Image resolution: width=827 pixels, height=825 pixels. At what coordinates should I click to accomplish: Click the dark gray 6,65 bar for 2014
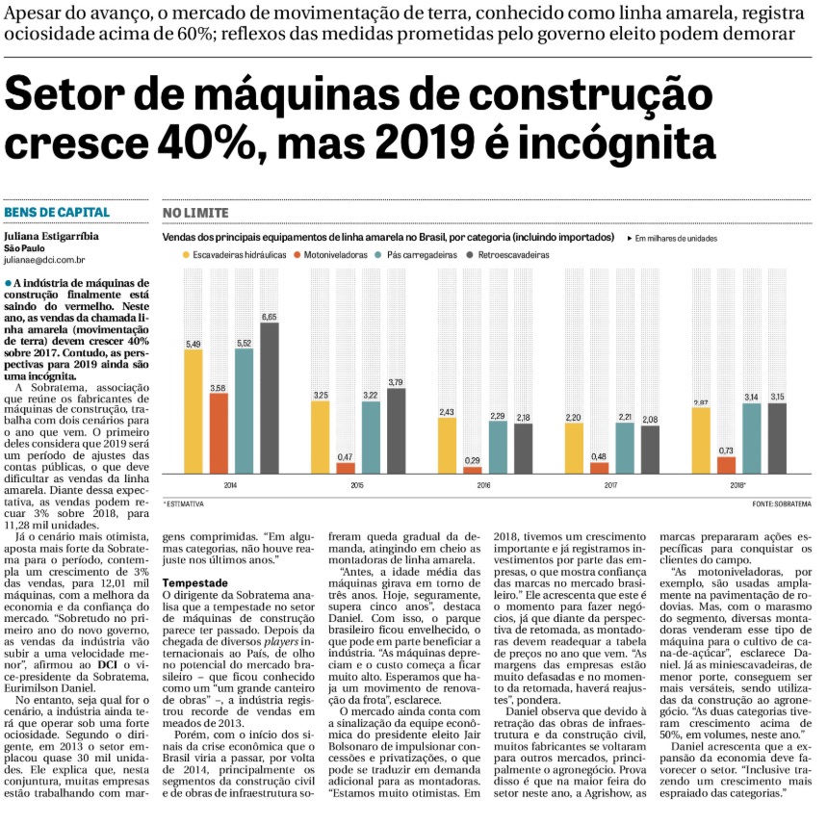[270, 399]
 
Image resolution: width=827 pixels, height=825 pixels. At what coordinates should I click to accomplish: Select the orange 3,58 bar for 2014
[219, 433]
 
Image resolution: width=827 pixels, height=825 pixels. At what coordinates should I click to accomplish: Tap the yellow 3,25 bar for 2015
[321, 437]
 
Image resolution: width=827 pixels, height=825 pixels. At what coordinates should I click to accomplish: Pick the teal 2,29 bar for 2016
[498, 448]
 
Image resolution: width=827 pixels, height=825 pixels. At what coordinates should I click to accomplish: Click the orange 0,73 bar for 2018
[726, 465]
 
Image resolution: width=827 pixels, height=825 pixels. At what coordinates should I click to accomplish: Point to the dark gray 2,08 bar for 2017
[650, 450]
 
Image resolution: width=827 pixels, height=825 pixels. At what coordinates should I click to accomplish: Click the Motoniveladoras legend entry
[330, 255]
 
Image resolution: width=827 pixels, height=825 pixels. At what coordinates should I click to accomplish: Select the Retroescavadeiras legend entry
[508, 255]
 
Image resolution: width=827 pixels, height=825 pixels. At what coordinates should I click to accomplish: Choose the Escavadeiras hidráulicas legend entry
[235, 255]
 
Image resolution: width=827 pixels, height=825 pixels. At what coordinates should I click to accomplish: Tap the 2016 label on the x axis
[483, 485]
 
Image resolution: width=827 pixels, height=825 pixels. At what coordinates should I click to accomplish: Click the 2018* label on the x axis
[737, 485]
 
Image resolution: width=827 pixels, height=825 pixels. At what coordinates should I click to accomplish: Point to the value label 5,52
[245, 344]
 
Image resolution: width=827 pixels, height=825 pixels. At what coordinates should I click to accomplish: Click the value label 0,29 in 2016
[473, 460]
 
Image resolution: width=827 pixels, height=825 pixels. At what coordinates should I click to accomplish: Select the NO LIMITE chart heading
[195, 213]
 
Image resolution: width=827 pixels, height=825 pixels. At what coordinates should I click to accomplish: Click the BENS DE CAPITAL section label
[57, 213]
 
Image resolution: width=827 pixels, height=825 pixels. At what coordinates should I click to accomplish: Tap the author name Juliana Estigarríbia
[51, 236]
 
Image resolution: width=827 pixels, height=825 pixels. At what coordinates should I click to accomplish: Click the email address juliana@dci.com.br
[44, 260]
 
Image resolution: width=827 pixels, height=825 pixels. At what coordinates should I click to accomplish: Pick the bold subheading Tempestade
[195, 582]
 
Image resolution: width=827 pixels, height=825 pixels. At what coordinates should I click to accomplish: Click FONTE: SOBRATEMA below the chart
[782, 504]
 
